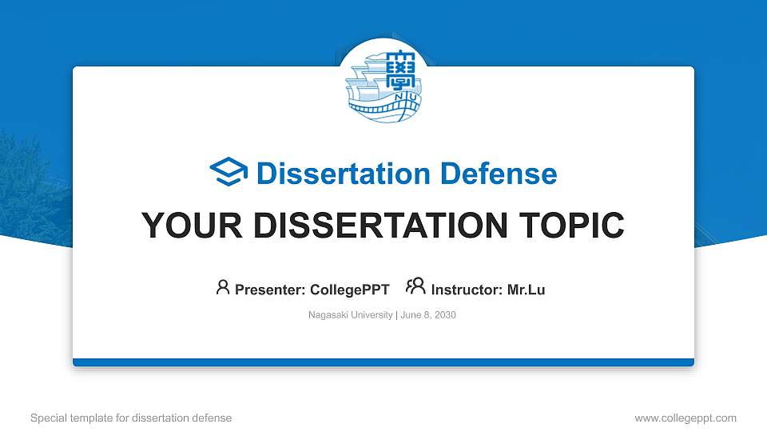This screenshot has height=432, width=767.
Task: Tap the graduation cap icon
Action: (229, 172)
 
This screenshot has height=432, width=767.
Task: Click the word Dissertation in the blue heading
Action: (332, 174)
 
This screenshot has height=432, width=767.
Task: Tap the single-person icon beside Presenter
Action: (223, 287)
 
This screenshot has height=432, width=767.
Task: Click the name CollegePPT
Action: (349, 290)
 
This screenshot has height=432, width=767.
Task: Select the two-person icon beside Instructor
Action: (415, 287)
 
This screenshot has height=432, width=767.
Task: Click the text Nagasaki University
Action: (350, 315)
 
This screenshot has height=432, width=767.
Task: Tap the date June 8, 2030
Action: (427, 315)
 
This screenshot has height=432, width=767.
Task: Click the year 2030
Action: (443, 315)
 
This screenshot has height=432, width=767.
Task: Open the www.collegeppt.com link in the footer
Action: (686, 418)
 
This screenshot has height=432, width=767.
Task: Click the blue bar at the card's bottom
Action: (383, 362)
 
